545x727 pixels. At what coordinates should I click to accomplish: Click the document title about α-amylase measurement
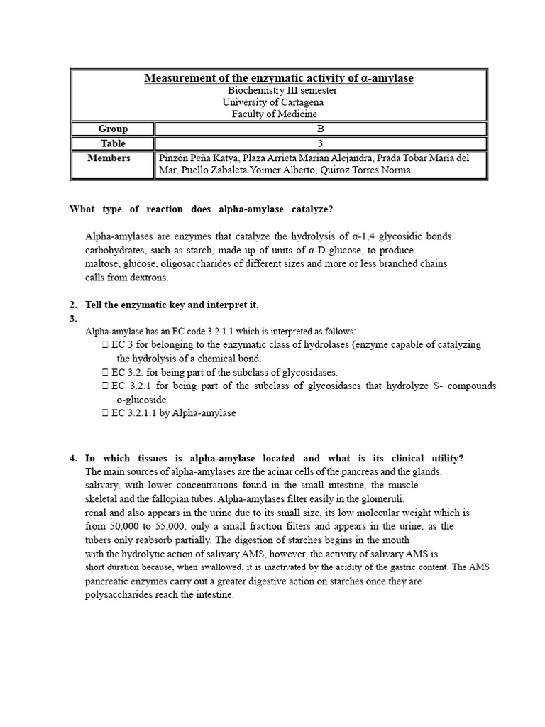click(x=278, y=78)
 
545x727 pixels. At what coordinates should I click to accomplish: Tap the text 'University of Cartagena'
click(x=273, y=102)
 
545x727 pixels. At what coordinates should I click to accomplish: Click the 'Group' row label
click(x=114, y=129)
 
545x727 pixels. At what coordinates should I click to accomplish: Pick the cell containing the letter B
click(x=321, y=129)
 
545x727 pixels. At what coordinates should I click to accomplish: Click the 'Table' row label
click(x=114, y=143)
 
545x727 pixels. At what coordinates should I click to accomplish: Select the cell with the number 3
click(x=321, y=143)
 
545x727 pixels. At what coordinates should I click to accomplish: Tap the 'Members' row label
click(x=109, y=158)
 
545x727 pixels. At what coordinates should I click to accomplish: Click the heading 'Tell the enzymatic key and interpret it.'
click(x=172, y=305)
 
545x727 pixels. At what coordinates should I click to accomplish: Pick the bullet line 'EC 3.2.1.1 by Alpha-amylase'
click(x=173, y=413)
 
